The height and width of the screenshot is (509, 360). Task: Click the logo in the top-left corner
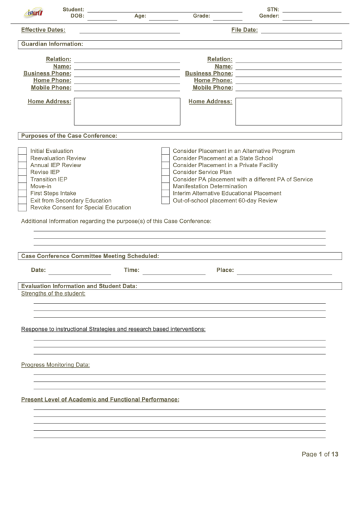tap(33, 12)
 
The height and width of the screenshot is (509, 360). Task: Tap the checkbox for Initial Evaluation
tap(22, 151)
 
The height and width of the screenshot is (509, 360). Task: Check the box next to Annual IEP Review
tap(22, 165)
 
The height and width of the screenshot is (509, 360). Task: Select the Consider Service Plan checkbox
tap(165, 172)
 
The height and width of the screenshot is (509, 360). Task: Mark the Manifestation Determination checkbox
tap(165, 186)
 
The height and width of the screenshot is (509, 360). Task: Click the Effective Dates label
tap(43, 30)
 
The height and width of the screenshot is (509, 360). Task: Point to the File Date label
tap(244, 30)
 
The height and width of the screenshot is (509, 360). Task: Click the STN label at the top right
tap(273, 10)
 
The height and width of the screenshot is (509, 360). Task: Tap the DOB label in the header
tap(77, 16)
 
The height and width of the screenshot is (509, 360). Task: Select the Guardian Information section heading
tap(52, 43)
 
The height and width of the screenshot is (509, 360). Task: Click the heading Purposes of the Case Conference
tap(69, 136)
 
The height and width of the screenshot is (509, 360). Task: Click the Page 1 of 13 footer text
tap(319, 454)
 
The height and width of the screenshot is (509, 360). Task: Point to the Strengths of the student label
tap(53, 294)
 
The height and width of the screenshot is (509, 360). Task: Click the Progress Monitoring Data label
tap(55, 365)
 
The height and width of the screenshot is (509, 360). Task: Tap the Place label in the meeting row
tap(225, 270)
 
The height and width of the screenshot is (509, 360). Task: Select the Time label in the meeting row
tap(131, 270)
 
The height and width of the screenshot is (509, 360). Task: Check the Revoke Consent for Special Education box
tap(22, 208)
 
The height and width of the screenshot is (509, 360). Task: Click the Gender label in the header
tap(269, 16)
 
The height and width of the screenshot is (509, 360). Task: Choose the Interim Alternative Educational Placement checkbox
tap(165, 194)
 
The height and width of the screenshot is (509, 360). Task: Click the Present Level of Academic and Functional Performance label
tap(100, 400)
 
